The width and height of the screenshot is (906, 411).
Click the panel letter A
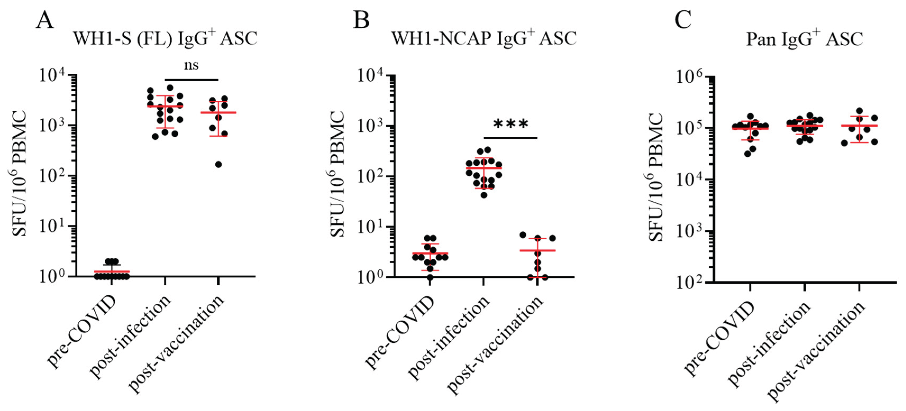[45, 20]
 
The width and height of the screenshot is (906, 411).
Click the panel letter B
[361, 20]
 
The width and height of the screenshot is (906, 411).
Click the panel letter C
[683, 20]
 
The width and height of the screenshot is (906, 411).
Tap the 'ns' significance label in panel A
[191, 65]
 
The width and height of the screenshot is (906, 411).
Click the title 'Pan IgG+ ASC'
[804, 39]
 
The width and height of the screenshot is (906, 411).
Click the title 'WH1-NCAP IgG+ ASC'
[484, 38]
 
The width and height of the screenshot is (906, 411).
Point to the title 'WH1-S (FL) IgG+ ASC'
[165, 38]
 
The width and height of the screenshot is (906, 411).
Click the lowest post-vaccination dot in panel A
[218, 164]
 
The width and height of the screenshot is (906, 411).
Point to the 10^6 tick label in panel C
[690, 77]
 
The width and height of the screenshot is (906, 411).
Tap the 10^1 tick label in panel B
[371, 227]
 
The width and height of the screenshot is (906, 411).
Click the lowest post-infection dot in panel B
[484, 195]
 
